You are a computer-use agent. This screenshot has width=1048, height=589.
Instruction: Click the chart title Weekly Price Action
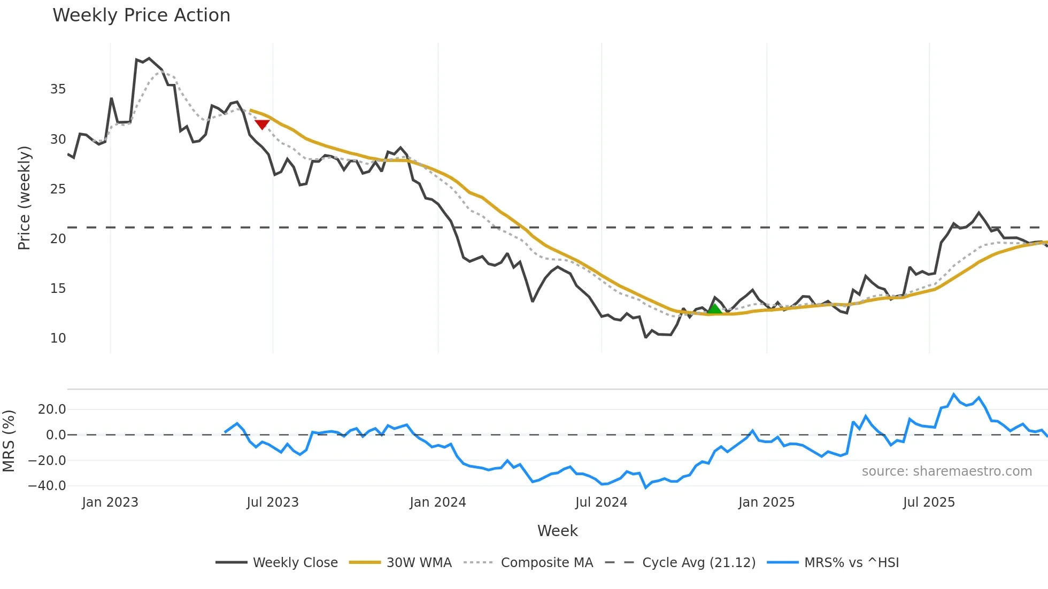(141, 15)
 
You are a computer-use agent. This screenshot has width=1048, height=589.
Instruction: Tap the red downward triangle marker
(262, 125)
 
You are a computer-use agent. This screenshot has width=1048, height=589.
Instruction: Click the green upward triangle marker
(714, 308)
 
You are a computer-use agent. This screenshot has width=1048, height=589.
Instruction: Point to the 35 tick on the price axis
(58, 89)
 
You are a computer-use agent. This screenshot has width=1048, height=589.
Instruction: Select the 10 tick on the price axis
(58, 338)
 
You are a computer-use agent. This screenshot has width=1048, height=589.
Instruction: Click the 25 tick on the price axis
(58, 189)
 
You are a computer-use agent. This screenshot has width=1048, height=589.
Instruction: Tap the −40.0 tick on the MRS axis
(47, 486)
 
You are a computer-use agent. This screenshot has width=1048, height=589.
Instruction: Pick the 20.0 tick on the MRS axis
(52, 409)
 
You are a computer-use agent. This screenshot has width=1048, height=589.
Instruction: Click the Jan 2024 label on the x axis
(438, 502)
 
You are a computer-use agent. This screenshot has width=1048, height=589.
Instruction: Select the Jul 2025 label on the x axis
(929, 502)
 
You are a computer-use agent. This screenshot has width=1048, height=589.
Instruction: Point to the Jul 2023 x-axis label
(273, 502)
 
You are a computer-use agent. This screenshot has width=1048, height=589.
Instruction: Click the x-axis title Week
(557, 531)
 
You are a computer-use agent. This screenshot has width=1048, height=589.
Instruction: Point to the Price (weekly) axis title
(24, 198)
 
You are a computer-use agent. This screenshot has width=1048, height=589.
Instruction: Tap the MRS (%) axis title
(9, 441)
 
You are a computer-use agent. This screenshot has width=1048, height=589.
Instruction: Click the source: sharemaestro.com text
(946, 471)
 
